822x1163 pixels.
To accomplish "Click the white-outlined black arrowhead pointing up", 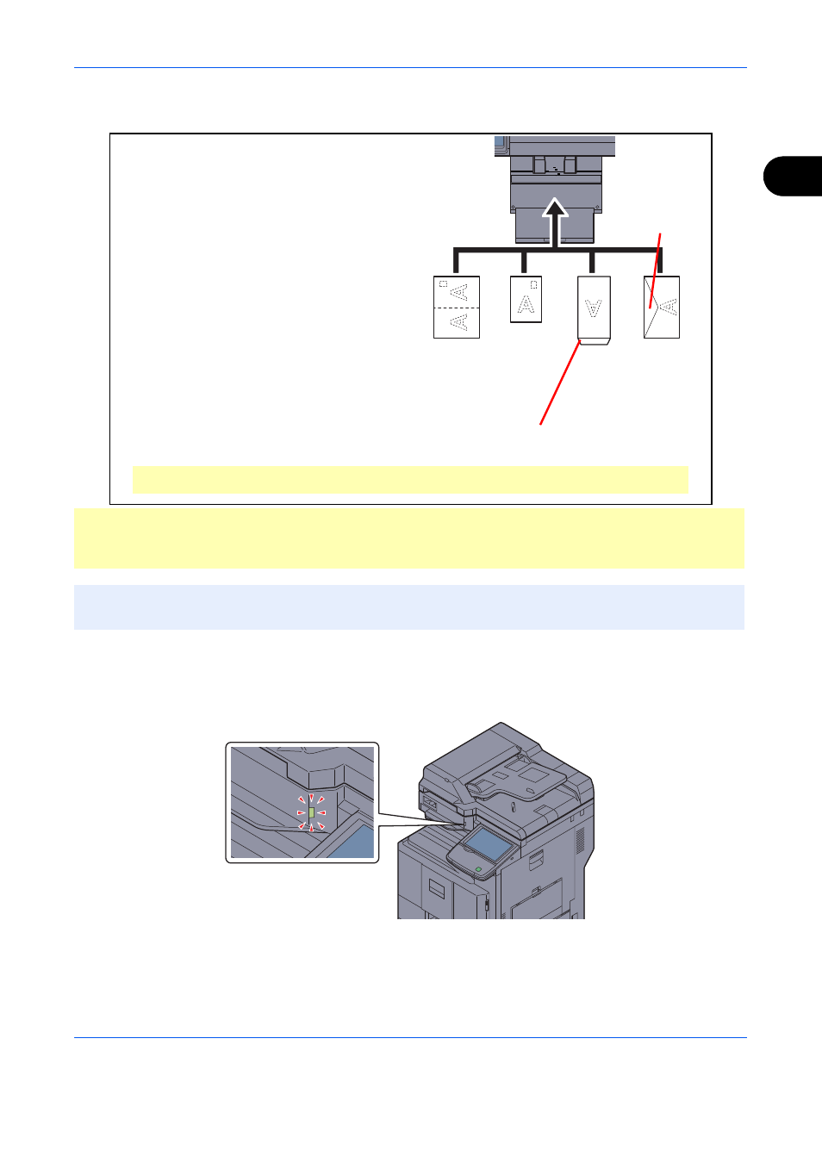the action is click(x=555, y=208).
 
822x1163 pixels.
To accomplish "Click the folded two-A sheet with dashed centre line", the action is click(x=457, y=307).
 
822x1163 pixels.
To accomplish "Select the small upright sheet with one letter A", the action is click(x=526, y=299).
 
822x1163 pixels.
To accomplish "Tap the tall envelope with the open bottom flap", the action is click(x=594, y=310).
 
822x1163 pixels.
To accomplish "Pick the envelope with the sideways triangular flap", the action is click(x=662, y=307).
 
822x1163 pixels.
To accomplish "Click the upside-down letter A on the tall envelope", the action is click(x=594, y=308).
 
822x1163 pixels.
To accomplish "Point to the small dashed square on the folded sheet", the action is click(x=444, y=284).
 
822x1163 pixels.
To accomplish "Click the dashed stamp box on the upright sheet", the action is click(x=534, y=284).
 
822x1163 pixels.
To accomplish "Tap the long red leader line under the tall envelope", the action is click(x=560, y=382).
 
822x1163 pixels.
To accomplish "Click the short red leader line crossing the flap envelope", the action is click(x=656, y=271).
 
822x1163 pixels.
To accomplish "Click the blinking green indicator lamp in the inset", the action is click(x=312, y=813).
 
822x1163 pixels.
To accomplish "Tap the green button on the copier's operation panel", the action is click(x=478, y=868).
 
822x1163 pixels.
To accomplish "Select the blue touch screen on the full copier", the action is click(x=488, y=845).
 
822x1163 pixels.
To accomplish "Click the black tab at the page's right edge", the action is click(x=793, y=176).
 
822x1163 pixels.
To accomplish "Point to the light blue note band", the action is click(x=409, y=607).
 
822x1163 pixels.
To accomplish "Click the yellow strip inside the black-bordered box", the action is click(x=410, y=480).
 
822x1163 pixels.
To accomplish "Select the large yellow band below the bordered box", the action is click(x=409, y=538).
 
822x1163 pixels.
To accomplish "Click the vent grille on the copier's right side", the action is click(x=581, y=840).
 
